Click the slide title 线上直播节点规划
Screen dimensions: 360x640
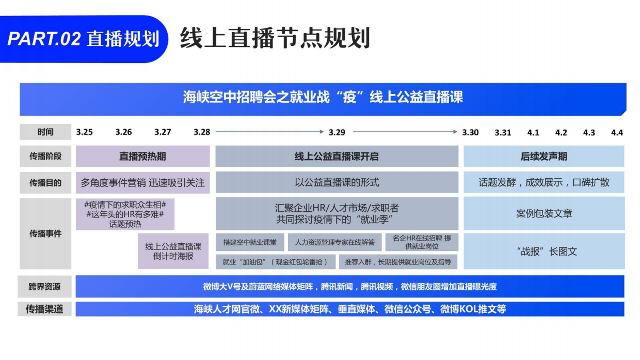[275, 38]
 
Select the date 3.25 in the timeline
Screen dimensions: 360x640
[85, 132]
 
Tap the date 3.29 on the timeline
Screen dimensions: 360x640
[337, 132]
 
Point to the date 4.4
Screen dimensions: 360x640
[617, 133]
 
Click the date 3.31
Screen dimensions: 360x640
[503, 133]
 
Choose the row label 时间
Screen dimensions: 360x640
[45, 132]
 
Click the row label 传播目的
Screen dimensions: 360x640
[45, 182]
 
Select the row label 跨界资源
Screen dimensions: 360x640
[45, 287]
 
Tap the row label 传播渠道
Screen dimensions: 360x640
[45, 309]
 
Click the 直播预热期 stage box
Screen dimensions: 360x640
[143, 156]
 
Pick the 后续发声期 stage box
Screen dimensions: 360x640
[543, 156]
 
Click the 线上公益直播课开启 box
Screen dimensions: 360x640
[337, 156]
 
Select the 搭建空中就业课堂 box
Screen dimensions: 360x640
[250, 242]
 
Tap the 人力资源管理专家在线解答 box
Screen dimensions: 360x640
[334, 242]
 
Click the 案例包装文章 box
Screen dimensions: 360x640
[544, 213]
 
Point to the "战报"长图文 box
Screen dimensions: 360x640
[544, 252]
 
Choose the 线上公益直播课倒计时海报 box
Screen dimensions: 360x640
[173, 251]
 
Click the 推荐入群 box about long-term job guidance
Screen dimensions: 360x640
[398, 262]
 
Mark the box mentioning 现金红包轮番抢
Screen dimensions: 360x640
[275, 262]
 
